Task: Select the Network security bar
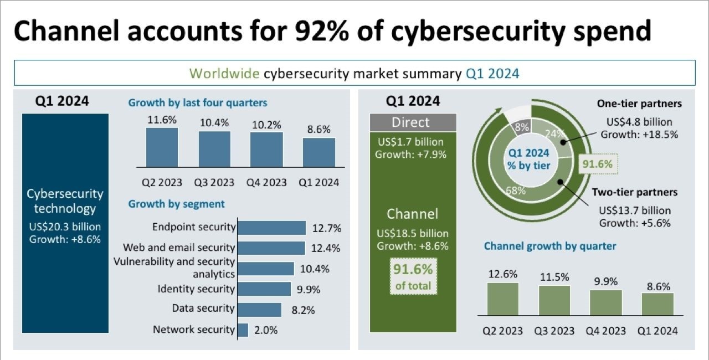(243, 330)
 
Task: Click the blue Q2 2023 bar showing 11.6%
(162, 147)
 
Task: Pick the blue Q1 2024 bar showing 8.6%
(318, 152)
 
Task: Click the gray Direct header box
(413, 122)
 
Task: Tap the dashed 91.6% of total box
(413, 276)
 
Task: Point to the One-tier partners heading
(639, 104)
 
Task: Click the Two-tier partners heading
(634, 192)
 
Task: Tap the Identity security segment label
(196, 289)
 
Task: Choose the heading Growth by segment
(176, 204)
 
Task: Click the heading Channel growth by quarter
(549, 246)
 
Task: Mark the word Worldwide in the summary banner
(225, 74)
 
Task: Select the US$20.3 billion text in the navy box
(65, 227)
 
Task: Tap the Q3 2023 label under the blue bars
(214, 183)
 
